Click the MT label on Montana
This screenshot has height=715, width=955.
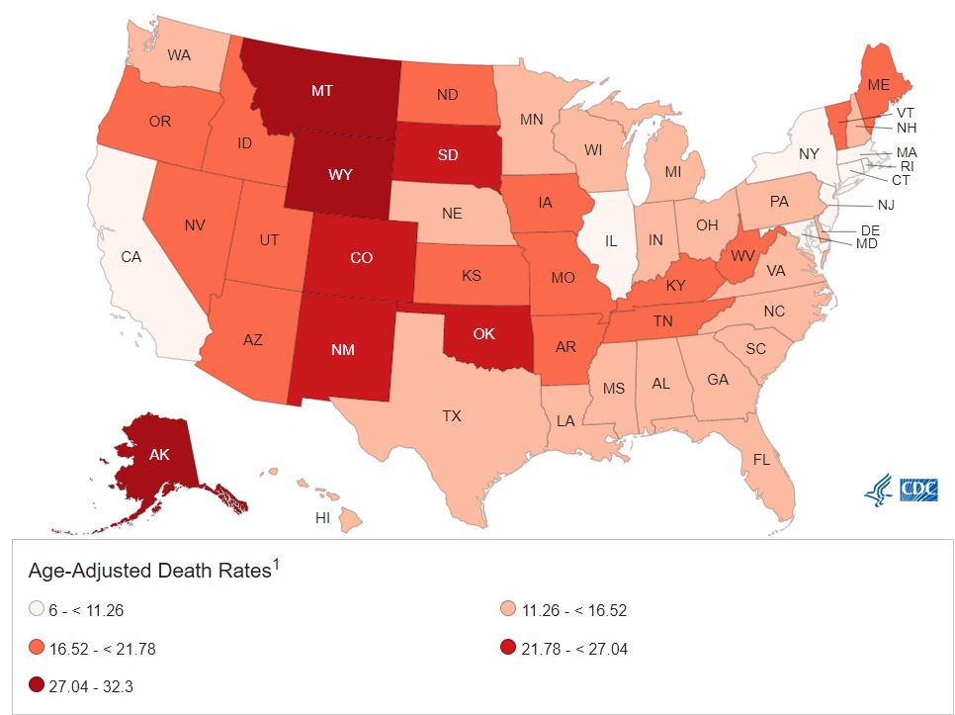322,90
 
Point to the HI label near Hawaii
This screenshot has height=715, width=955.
322,518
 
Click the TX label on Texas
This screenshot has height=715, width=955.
452,416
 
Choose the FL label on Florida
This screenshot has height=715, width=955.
761,460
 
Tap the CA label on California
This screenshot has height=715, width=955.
131,257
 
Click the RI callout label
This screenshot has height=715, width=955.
907,166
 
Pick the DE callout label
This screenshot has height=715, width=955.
871,229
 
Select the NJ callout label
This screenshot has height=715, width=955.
885,205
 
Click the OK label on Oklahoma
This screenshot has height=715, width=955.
484,333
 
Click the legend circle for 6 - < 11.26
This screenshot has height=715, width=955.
37,611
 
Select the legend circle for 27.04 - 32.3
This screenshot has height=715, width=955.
37,686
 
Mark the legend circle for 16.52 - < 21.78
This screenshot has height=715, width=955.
37,649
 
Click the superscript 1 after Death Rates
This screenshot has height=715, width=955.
277,565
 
